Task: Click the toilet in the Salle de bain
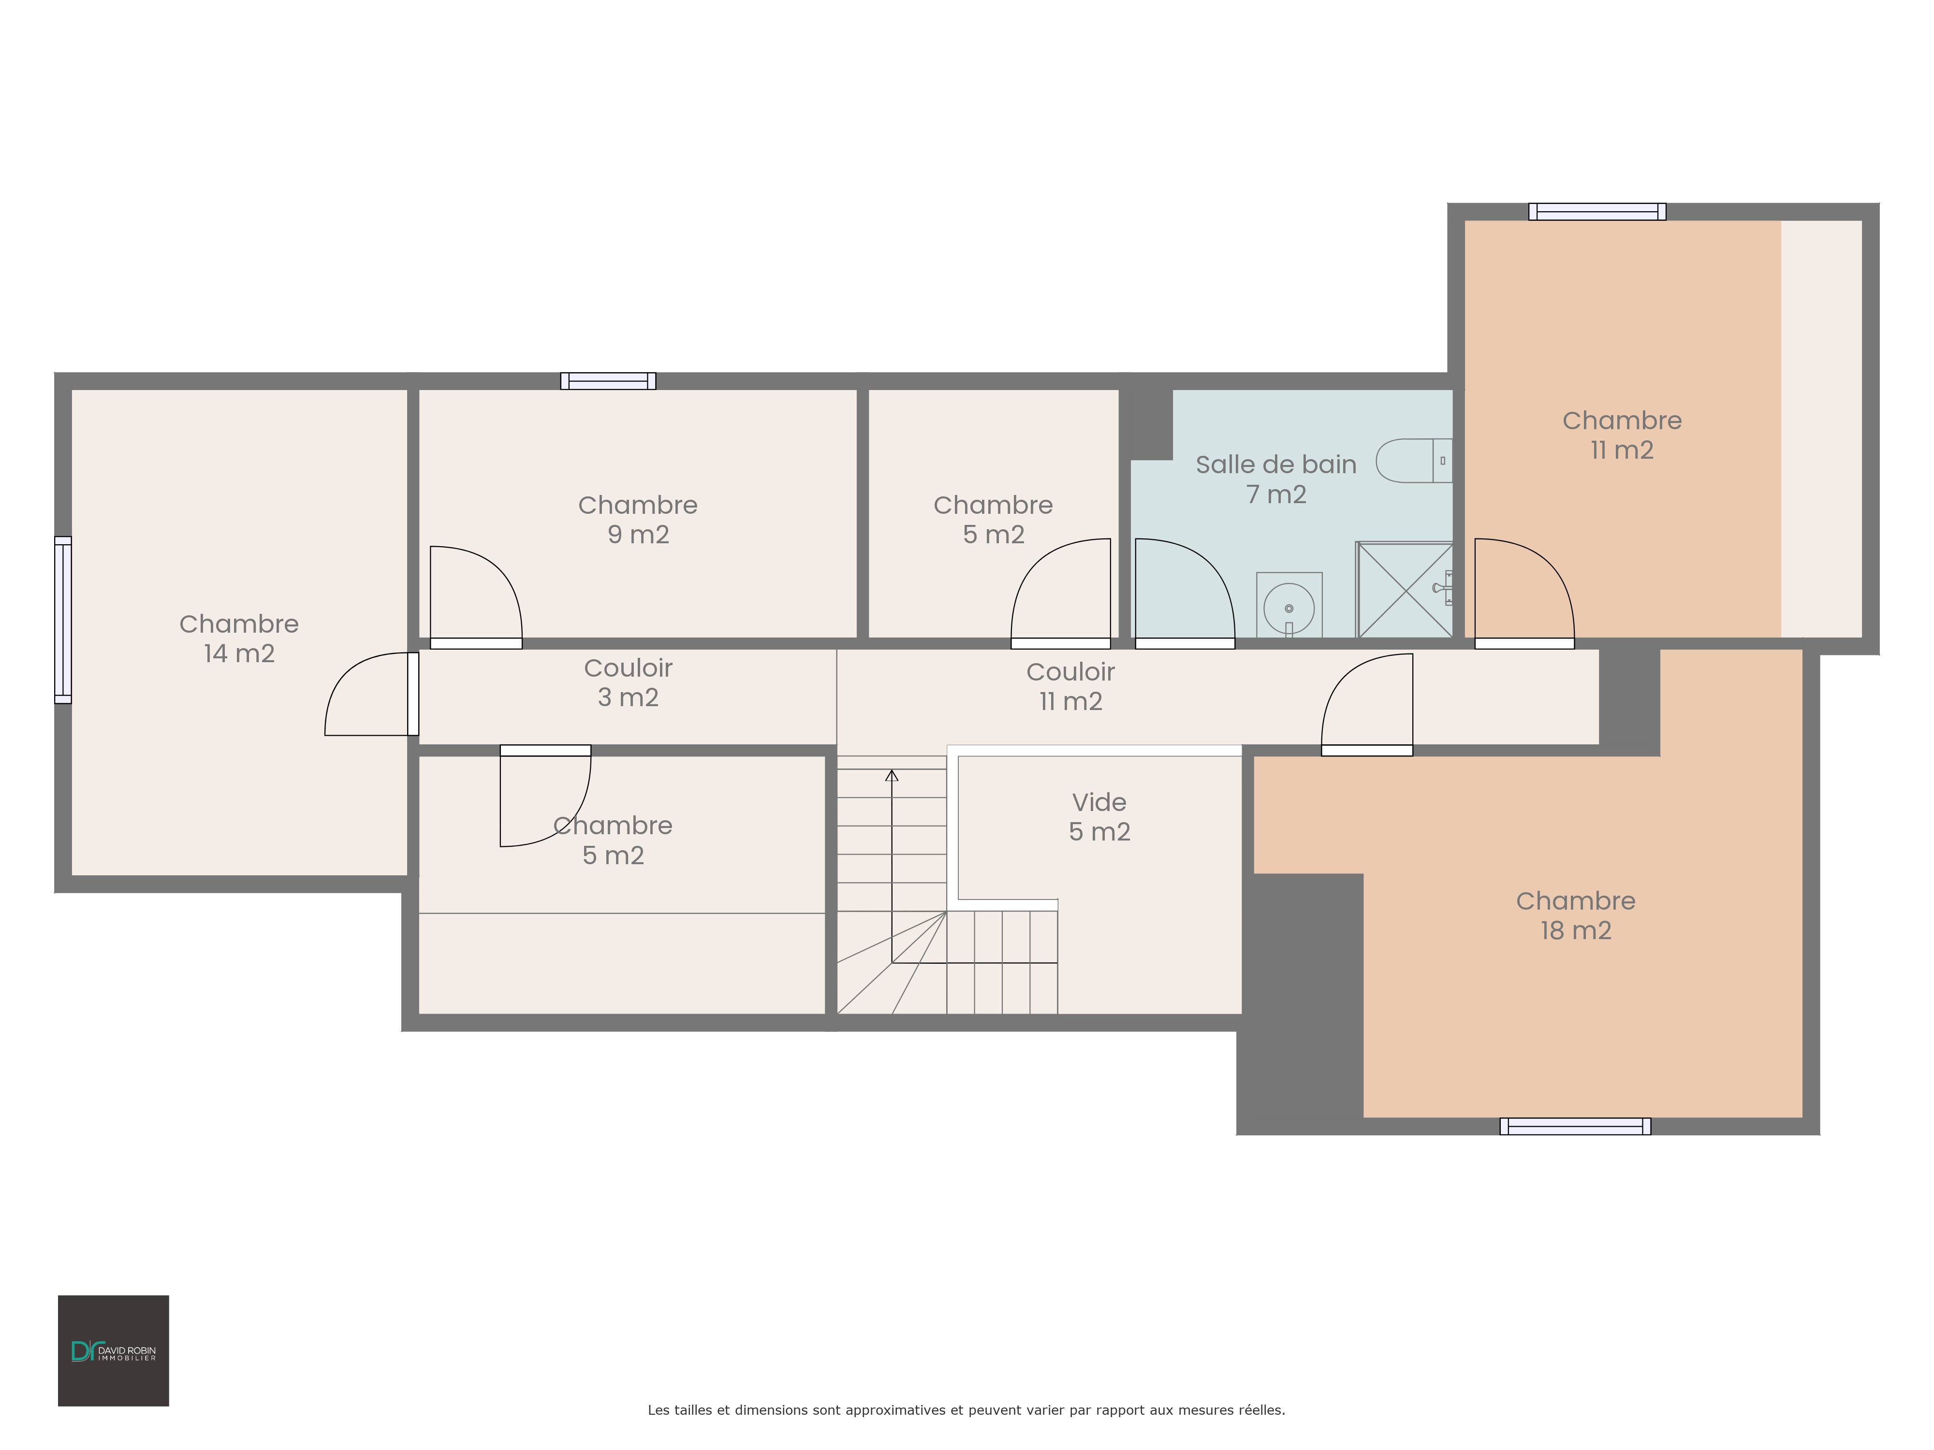click(1414, 461)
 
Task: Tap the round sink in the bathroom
click(1289, 608)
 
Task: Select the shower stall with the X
click(1404, 590)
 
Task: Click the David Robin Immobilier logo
click(114, 1350)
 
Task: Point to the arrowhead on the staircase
click(892, 775)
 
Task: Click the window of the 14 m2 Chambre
click(63, 620)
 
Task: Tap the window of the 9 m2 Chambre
click(609, 381)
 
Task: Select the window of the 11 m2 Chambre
click(1597, 212)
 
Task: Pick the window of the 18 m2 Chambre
click(1576, 1127)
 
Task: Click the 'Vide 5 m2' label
click(1100, 816)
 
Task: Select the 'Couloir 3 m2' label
click(629, 682)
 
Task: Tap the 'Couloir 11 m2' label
click(1071, 686)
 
